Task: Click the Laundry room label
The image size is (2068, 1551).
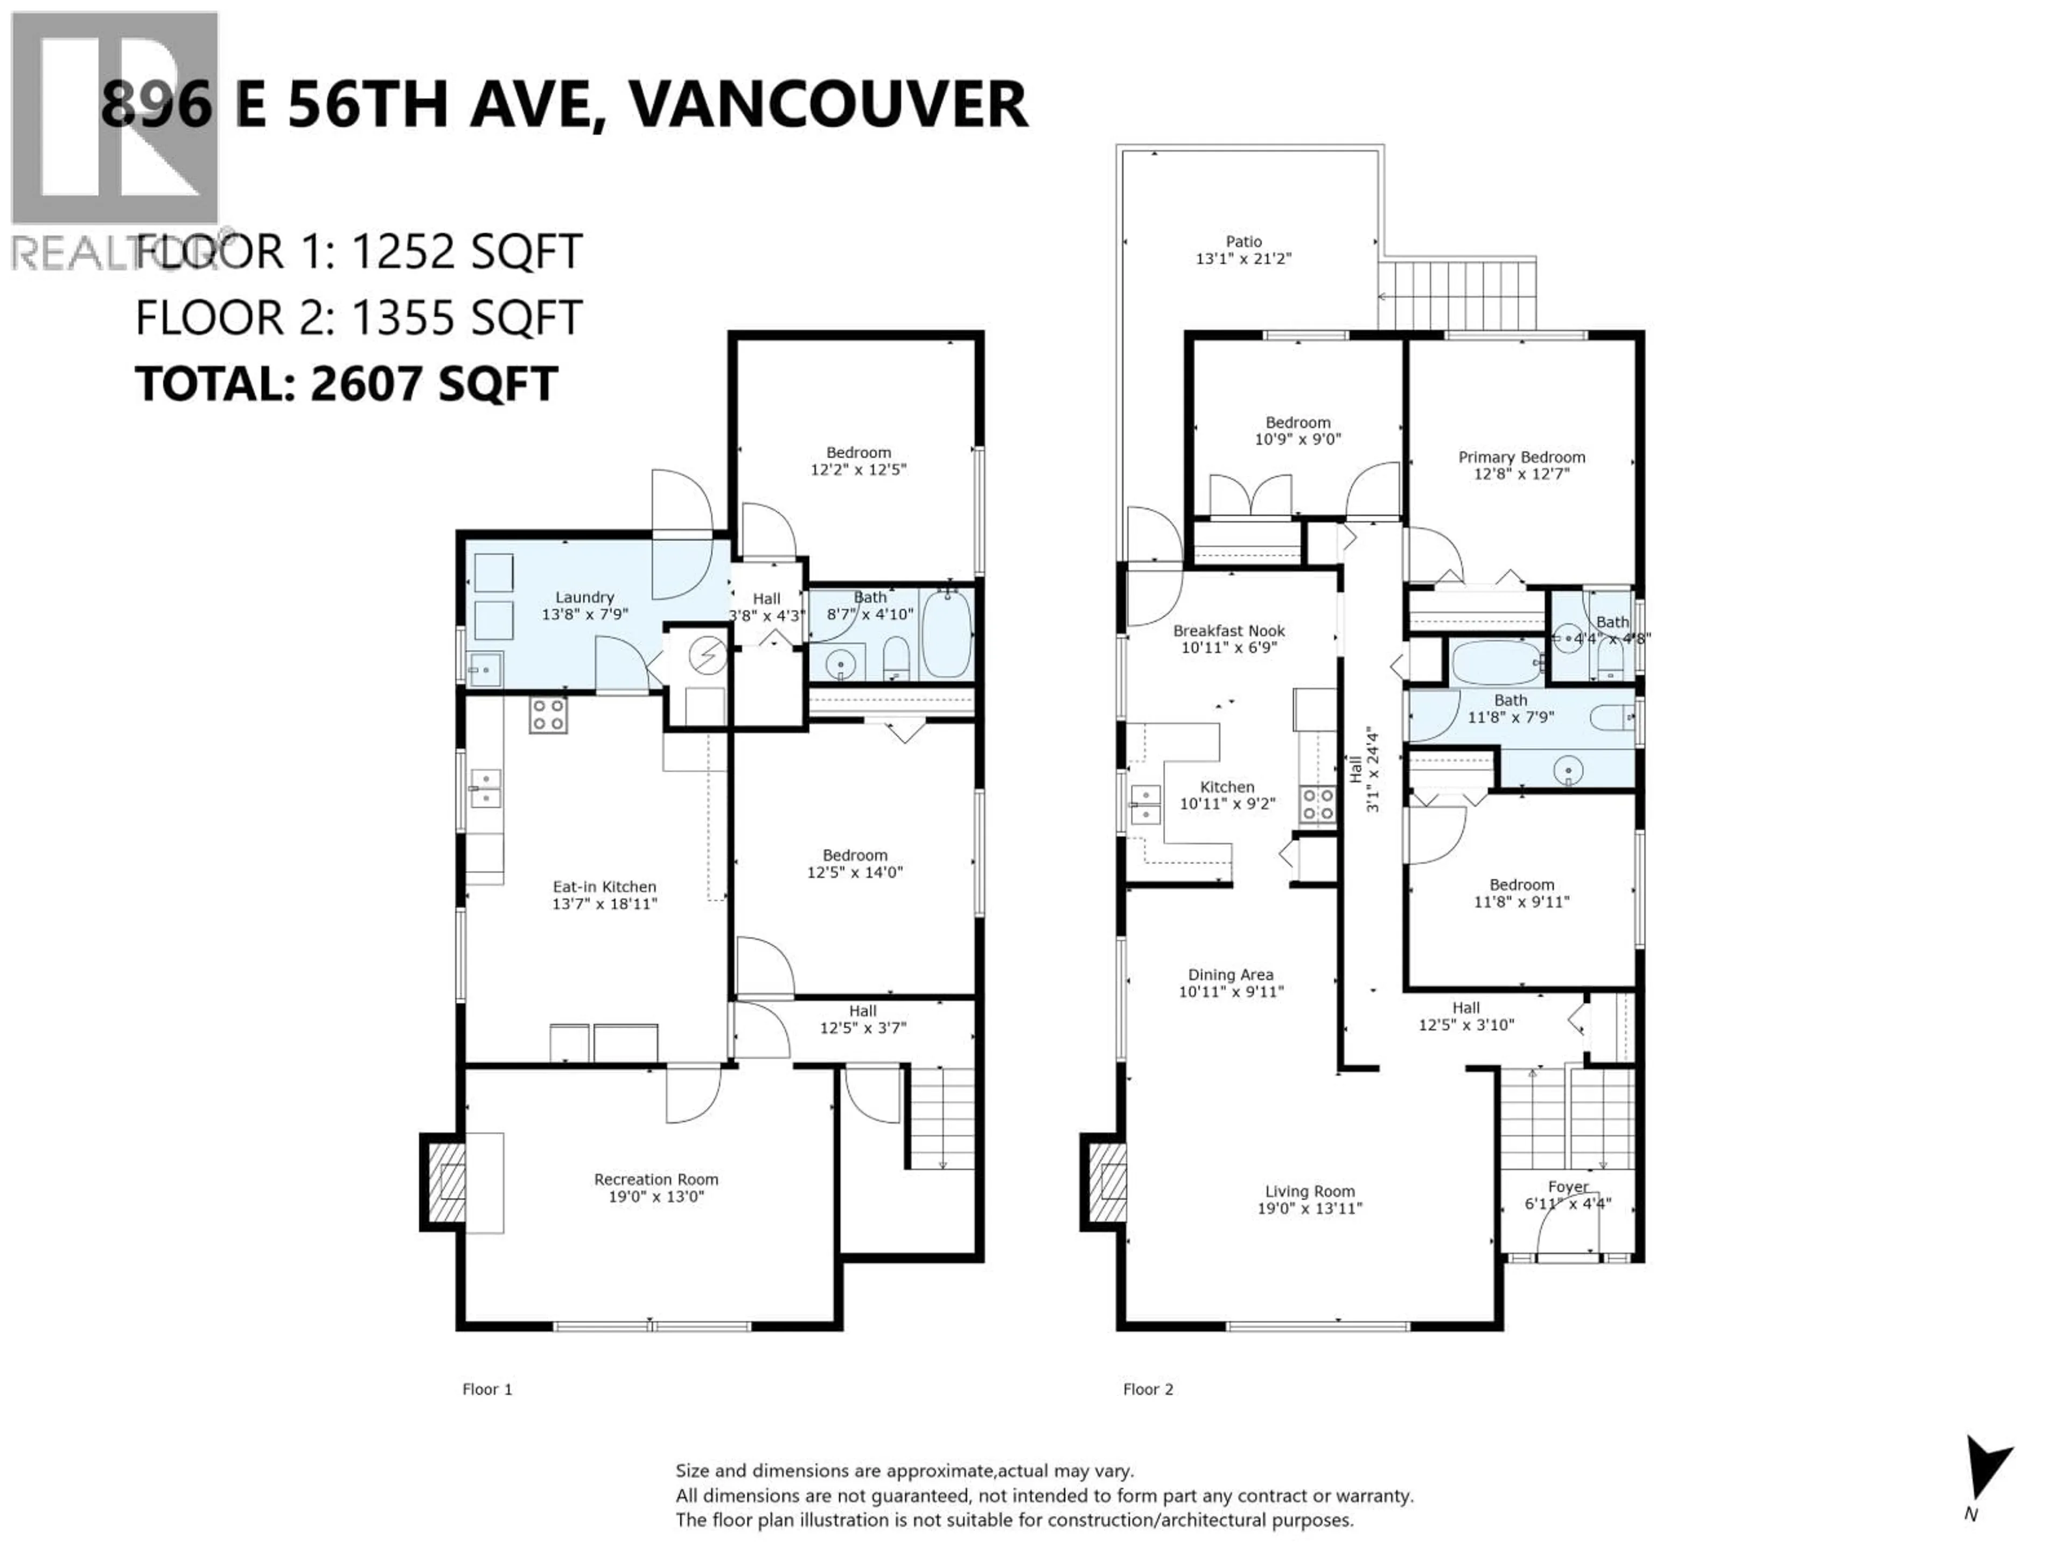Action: tap(584, 597)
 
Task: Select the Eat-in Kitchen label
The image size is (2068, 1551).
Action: tap(604, 886)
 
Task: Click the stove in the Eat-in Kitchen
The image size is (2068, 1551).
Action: tap(548, 715)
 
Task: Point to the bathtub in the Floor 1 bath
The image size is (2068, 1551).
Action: tap(947, 635)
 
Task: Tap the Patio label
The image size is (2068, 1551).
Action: tap(1243, 241)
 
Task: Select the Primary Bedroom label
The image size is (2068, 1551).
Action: tap(1521, 457)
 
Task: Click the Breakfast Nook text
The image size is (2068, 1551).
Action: tap(1228, 631)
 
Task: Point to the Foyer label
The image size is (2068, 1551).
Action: tap(1568, 1186)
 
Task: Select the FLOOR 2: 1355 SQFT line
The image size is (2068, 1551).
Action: tap(359, 318)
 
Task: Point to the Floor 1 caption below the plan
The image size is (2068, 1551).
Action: tap(487, 1389)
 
